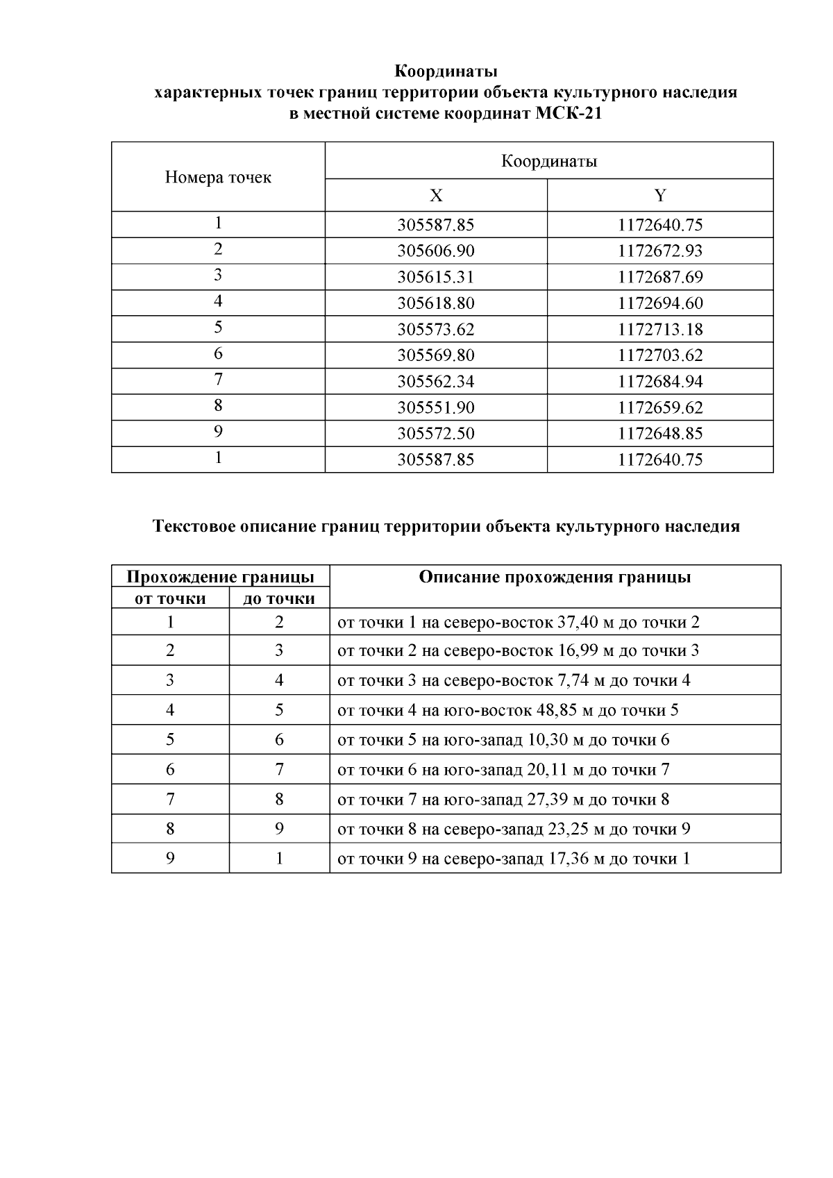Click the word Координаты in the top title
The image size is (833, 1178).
point(446,71)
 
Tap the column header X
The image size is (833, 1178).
point(436,196)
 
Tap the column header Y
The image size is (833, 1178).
point(660,196)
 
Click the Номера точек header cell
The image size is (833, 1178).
point(218,178)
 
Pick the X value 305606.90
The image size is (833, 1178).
point(436,251)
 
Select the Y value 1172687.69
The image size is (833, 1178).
point(660,278)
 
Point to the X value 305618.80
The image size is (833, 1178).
point(436,303)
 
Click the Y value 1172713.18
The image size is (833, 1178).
point(660,330)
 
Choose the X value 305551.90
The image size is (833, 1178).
point(436,407)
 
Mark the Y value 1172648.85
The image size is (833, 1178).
point(660,434)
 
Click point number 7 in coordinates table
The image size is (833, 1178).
point(218,380)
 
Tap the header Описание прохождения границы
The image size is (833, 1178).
point(555,578)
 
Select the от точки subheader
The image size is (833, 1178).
point(170,598)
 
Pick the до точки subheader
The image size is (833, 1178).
point(279,598)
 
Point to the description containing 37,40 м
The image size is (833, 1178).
point(519,622)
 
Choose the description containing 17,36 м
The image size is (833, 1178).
point(514,859)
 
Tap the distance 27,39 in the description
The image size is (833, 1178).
point(546,800)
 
